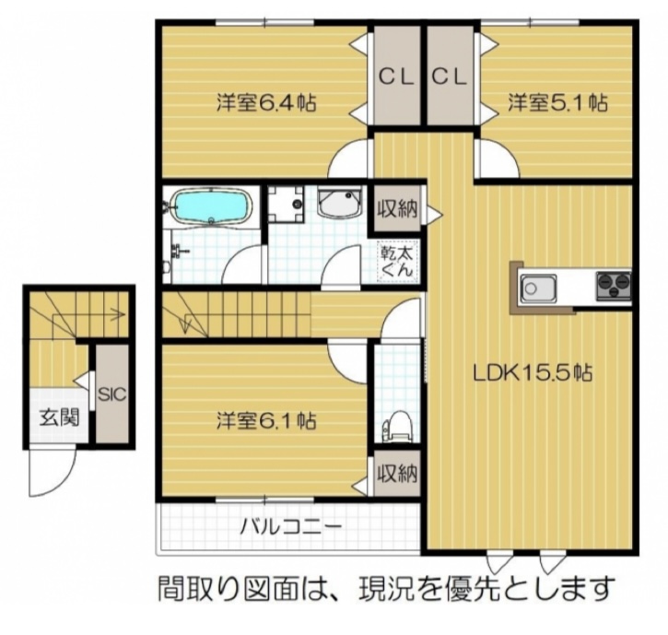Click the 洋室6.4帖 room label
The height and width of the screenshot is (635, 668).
pos(266,102)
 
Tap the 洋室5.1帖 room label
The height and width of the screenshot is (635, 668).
pos(557,102)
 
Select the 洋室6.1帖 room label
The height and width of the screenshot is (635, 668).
pos(266,421)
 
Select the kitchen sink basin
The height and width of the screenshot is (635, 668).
pos(535,288)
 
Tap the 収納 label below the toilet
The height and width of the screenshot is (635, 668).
pos(398,475)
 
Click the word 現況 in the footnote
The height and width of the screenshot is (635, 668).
pos(376,587)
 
